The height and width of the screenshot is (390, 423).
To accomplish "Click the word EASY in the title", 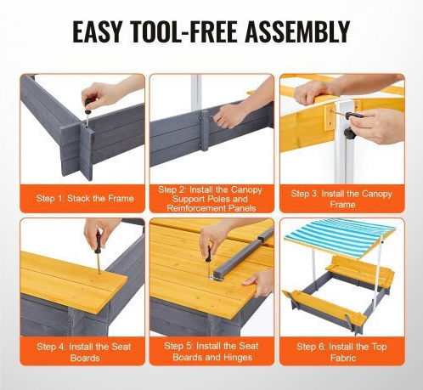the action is click(x=97, y=31).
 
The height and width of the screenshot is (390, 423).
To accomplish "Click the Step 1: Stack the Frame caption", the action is click(x=85, y=198).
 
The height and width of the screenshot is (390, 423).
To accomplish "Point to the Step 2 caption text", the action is click(x=211, y=199).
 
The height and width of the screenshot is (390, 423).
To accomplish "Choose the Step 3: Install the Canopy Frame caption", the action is click(x=341, y=199).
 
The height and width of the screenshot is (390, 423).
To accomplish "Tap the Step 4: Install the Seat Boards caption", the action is click(x=84, y=352).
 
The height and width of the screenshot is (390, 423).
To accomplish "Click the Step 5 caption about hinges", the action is click(x=211, y=352).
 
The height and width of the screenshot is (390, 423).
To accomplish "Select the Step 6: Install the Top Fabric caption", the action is click(x=341, y=352).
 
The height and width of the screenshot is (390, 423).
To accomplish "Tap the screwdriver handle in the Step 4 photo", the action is click(x=98, y=242).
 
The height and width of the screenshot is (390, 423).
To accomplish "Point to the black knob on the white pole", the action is click(x=349, y=133).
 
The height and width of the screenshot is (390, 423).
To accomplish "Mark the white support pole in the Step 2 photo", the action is click(x=196, y=93).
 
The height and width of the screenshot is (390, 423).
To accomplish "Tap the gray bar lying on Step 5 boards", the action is click(x=240, y=252).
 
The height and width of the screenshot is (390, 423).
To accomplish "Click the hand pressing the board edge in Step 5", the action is click(x=257, y=283).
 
